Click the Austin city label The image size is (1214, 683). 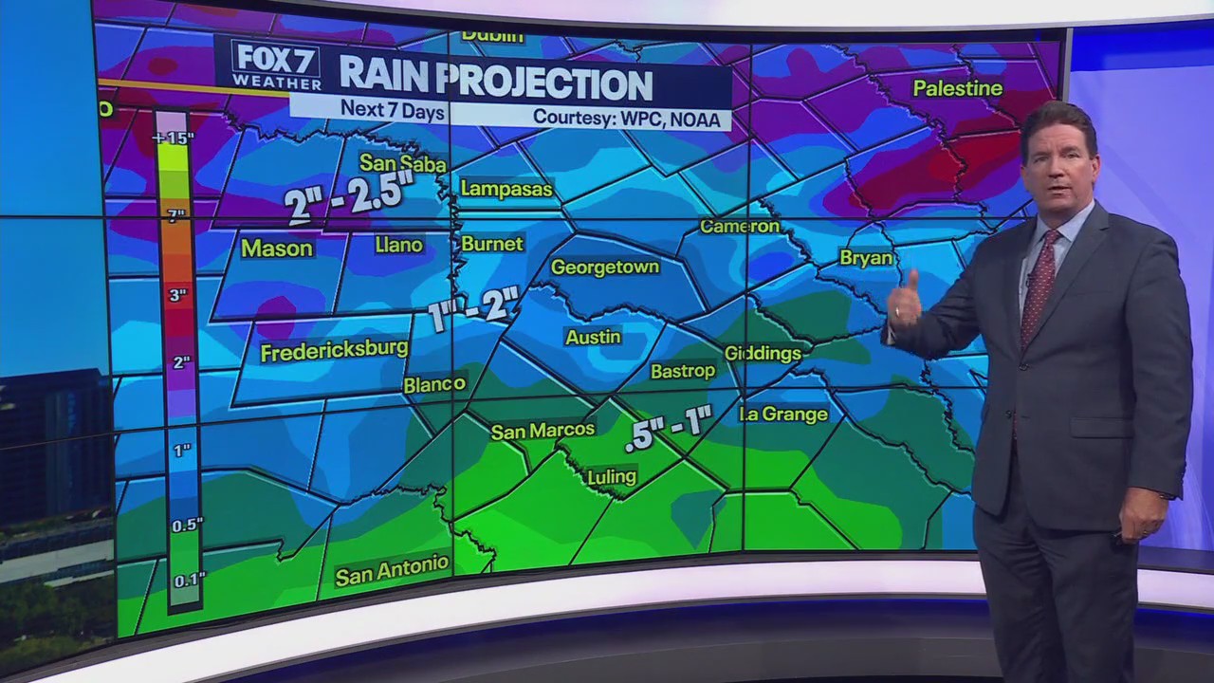point(594,337)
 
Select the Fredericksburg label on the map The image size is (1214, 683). point(334,351)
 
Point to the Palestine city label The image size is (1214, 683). point(957,88)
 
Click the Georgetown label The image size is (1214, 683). point(605,268)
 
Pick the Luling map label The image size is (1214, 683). point(612,477)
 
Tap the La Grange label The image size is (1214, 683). point(784,415)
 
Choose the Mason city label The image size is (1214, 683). point(276,249)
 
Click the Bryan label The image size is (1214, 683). point(866,258)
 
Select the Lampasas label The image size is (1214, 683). point(506,189)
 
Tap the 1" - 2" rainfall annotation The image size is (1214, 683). point(474,309)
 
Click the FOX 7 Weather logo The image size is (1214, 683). point(276,65)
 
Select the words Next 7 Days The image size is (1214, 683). point(393,109)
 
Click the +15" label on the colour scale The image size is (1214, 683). point(173,138)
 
